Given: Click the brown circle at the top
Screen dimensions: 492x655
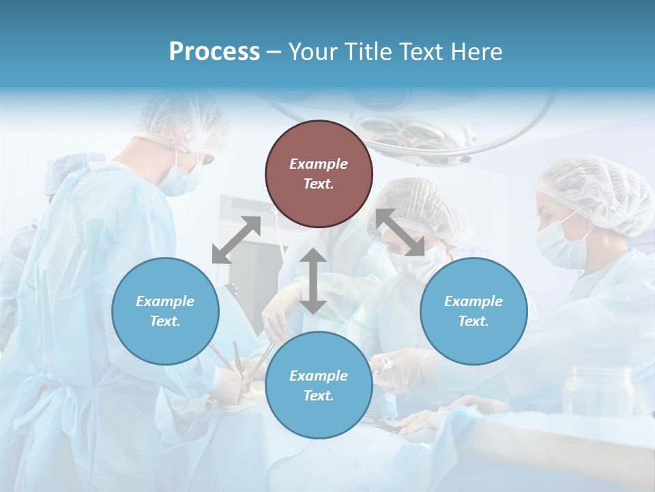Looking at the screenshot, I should coord(319,174).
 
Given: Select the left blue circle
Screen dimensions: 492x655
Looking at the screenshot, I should coord(165,311).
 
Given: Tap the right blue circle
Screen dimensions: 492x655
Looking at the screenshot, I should coord(473,311).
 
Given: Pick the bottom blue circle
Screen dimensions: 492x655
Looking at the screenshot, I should coord(319,385).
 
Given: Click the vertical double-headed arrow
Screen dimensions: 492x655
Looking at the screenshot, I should coord(312,281).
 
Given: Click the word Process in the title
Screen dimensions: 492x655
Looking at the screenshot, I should coord(214,52).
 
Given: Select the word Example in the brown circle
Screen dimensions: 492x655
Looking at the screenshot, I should coord(319,164).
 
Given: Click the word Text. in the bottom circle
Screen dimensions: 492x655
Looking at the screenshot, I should coord(319,396).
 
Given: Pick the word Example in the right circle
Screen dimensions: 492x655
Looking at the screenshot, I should coord(473,301).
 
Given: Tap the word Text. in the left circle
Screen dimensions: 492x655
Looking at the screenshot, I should coord(165,321).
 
